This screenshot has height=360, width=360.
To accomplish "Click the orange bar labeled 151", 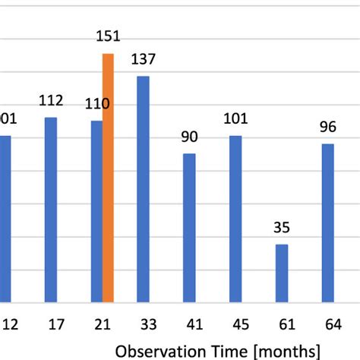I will (108, 178).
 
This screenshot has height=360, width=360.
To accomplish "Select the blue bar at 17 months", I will (51, 210).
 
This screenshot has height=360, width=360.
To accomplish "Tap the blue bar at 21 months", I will (96, 211).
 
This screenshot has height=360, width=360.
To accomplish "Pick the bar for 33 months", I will (143, 189).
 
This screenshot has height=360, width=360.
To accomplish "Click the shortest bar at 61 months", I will (282, 273).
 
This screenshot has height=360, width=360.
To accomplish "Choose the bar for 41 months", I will (189, 227).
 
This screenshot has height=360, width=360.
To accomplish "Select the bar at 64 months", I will (327, 223).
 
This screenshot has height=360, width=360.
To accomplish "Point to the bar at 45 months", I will (235, 219).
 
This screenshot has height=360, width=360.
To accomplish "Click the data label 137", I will (143, 60).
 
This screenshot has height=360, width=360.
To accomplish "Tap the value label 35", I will (282, 228).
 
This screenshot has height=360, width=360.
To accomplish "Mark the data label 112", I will (51, 101).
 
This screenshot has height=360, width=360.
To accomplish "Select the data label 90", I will (189, 137).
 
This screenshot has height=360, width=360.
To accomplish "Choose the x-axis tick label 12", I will (10, 325).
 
